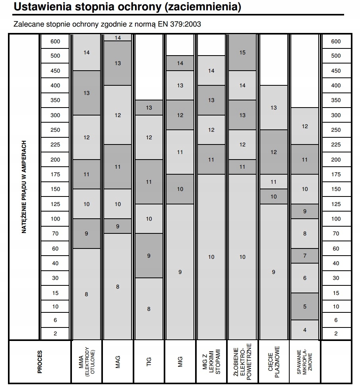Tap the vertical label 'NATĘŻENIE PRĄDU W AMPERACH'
click(24, 187)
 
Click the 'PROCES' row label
click(40, 362)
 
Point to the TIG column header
click(149, 362)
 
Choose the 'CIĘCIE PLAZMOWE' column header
click(273, 362)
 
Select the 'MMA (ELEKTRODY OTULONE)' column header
click(87, 362)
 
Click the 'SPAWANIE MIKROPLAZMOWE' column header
click(305, 362)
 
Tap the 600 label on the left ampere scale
click(55, 41)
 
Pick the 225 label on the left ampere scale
click(55, 145)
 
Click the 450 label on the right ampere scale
click(336, 71)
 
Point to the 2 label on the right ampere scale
click(336, 333)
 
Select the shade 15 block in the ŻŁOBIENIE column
click(242, 52)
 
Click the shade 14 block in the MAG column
click(118, 38)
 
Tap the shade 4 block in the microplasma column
click(305, 329)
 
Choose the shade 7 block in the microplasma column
click(305, 256)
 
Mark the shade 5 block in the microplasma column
click(305, 306)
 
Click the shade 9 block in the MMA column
click(87, 234)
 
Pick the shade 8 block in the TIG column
click(149, 308)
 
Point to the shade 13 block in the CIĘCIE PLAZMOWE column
click(273, 108)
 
